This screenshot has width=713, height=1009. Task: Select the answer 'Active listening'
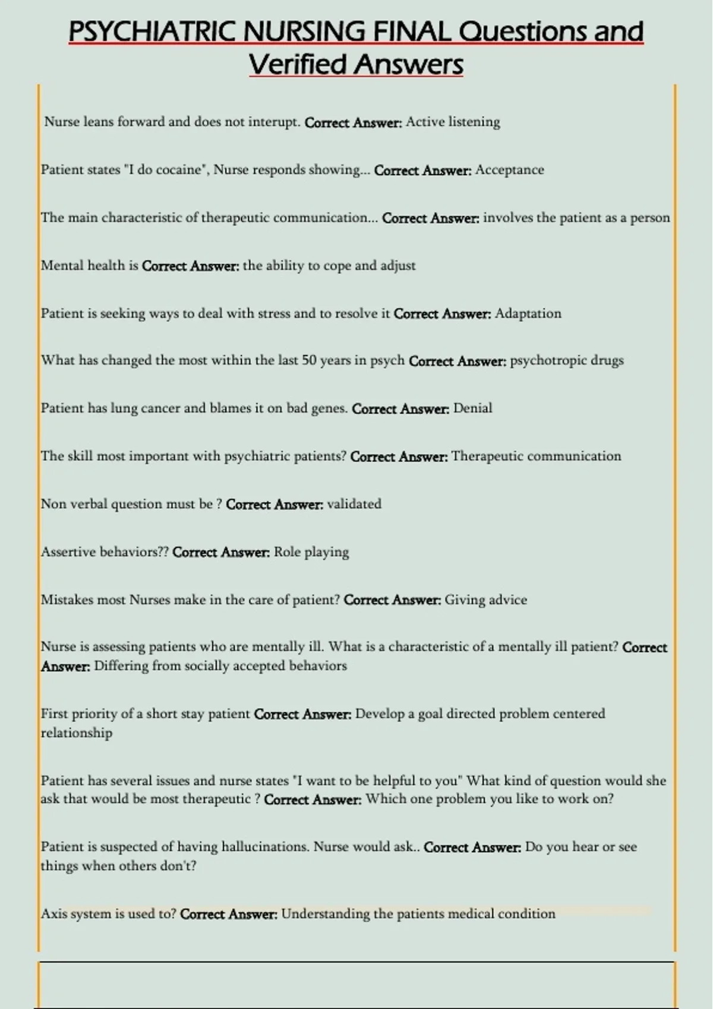coord(453,122)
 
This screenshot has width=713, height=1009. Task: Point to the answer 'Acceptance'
coord(509,170)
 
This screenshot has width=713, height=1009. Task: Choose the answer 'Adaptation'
coord(528,313)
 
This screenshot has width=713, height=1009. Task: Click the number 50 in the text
coord(309,360)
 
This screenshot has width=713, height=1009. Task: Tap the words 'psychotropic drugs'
coord(567,360)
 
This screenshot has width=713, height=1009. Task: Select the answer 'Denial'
coord(472,408)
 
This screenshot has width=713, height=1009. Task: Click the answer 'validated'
coord(354,504)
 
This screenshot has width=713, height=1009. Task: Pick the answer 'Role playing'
coord(311,552)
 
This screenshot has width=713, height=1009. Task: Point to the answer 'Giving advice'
coord(485,599)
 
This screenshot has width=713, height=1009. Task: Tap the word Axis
coord(54,913)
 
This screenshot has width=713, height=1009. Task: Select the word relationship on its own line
coord(76,733)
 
